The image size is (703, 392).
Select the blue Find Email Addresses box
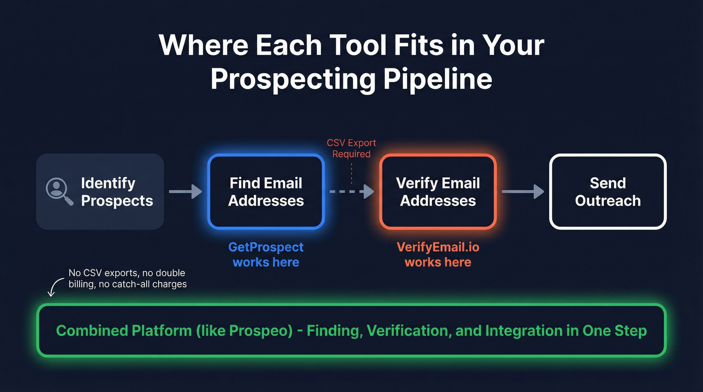pyautogui.click(x=266, y=192)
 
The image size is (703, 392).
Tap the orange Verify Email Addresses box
pyautogui.click(x=438, y=192)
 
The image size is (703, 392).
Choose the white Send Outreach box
pyautogui.click(x=608, y=192)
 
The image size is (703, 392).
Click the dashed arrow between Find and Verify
pyautogui.click(x=351, y=191)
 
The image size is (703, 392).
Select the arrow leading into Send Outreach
pyautogui.click(x=522, y=191)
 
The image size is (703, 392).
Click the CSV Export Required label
pyautogui.click(x=351, y=149)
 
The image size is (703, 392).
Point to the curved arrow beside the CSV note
pyautogui.click(x=53, y=289)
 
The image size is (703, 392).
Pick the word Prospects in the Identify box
pyautogui.click(x=117, y=201)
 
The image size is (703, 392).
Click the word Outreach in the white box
pyautogui.click(x=608, y=201)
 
